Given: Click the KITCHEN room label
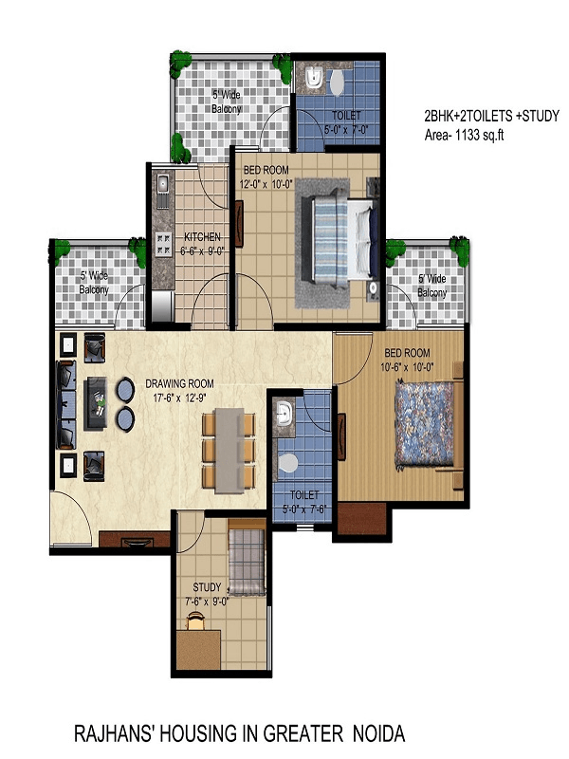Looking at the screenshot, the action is tap(202, 237).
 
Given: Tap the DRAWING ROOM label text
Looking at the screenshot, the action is tap(179, 384).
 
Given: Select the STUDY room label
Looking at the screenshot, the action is tap(207, 587).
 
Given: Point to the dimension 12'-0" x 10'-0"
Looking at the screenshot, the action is tap(267, 184).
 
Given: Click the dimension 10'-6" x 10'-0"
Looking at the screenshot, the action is tap(407, 367).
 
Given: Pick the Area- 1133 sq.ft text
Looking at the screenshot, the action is tap(464, 135).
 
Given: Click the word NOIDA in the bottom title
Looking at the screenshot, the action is tap(378, 733).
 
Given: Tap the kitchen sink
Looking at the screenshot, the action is tap(162, 184).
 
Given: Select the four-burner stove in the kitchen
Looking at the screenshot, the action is tap(163, 244).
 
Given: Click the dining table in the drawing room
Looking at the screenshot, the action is tap(229, 451).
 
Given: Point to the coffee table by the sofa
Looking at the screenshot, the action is tap(96, 403).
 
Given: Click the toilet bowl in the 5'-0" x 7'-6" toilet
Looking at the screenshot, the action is tap(288, 463).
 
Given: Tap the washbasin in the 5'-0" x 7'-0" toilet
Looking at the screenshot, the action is tap(315, 78).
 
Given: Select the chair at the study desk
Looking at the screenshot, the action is tap(195, 620).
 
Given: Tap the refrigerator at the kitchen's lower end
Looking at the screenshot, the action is tap(162, 305).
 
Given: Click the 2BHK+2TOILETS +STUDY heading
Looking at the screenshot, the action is tap(491, 116).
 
